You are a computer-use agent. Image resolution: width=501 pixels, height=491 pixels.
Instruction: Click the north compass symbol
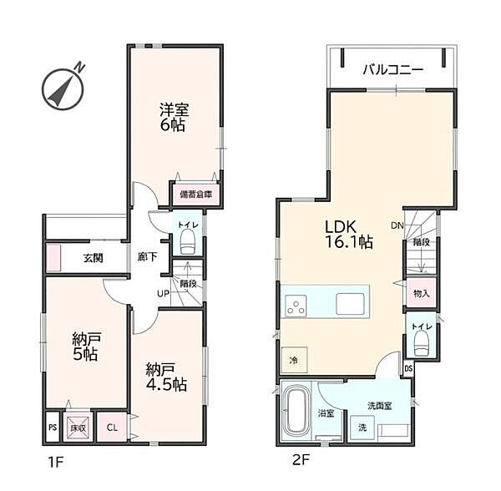[63, 89]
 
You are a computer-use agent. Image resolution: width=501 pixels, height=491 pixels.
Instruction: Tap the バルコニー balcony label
[392, 69]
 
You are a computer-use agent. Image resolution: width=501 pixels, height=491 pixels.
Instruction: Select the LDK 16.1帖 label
[348, 234]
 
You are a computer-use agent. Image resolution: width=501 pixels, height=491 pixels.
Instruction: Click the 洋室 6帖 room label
[175, 117]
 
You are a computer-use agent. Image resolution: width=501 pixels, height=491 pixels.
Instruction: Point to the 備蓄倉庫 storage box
[196, 195]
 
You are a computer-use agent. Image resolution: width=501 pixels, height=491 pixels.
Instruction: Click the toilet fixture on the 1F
[188, 243]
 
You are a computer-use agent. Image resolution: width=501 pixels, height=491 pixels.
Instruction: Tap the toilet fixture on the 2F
[421, 343]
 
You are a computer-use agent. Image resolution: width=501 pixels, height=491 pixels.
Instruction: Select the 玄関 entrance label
[94, 258]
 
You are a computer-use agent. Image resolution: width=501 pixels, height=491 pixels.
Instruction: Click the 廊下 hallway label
[147, 256]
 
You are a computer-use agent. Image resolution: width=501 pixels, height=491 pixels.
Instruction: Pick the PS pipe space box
[53, 427]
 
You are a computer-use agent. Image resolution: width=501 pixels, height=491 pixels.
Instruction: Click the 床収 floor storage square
[78, 427]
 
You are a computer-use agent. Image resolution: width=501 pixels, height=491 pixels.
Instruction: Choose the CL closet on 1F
[112, 427]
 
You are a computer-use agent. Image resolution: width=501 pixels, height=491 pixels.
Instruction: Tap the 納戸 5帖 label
[86, 347]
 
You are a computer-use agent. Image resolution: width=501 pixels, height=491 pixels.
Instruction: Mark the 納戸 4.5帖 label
[166, 377]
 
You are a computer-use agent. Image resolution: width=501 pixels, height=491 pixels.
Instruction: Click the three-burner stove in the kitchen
[296, 306]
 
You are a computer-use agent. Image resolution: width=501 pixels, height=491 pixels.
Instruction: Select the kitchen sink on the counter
[350, 304]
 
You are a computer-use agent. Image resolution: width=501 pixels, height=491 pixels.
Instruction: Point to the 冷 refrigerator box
[294, 360]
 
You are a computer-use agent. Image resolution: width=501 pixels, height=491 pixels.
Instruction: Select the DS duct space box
[408, 368]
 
